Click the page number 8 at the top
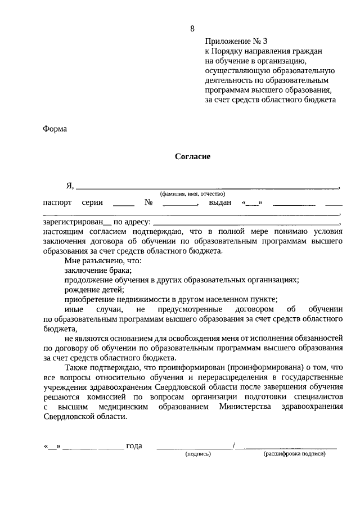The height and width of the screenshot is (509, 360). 192,29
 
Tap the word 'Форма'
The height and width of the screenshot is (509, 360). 55,128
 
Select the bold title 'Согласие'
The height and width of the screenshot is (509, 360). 192,157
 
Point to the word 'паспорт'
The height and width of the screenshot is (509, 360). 57,202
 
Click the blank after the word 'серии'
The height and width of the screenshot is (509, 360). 123,204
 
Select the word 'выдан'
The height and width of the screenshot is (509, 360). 220,202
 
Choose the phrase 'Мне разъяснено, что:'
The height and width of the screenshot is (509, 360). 102,260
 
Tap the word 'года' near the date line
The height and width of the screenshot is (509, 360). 134,446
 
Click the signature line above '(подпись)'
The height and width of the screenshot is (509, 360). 195,448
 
